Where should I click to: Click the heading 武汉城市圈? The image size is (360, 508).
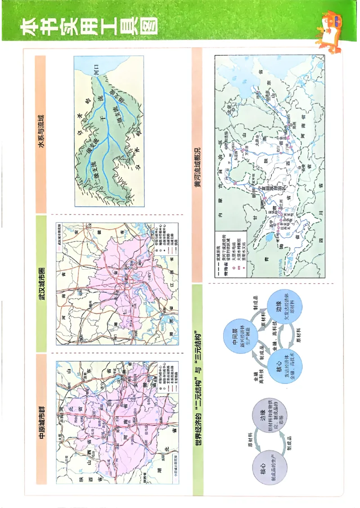[x=41, y=284]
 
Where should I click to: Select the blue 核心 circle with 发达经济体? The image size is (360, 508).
[x=284, y=366]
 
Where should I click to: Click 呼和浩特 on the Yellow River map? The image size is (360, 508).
[x=234, y=144]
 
